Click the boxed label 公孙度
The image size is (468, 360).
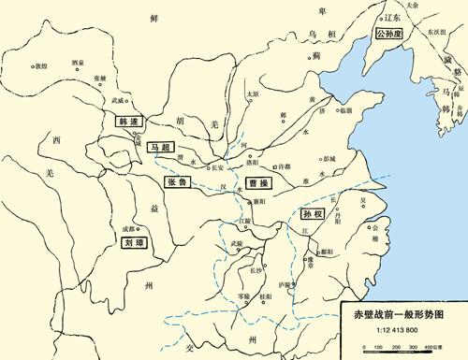pos(389,32)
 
